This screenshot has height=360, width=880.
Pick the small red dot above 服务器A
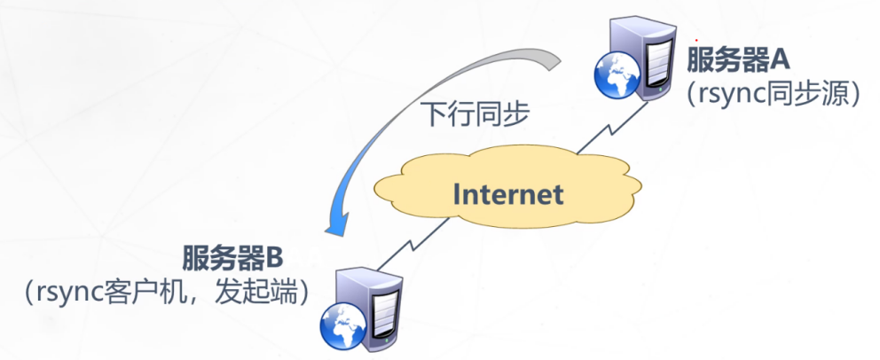[x=696, y=40]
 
